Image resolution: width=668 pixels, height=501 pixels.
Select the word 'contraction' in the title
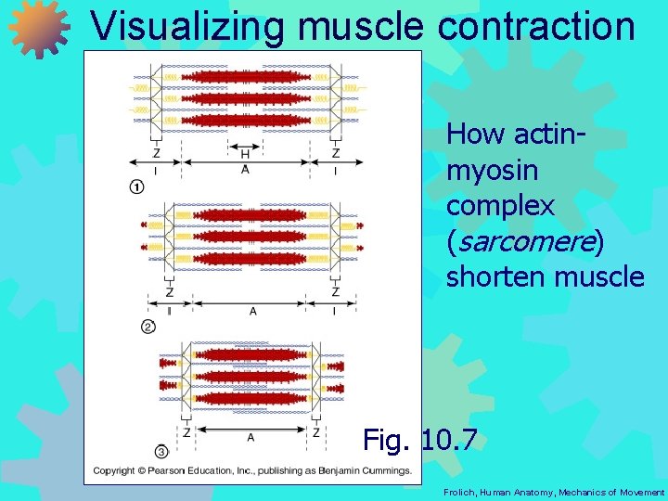point(537,26)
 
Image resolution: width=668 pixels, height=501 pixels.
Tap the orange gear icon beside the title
point(39,28)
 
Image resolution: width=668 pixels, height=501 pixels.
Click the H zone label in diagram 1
point(245,155)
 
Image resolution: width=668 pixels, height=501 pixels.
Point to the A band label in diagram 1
point(245,170)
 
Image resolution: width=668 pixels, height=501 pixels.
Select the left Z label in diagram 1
point(155,153)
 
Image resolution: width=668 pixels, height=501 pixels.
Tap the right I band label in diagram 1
point(335,171)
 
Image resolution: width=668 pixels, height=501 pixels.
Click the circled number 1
point(136,186)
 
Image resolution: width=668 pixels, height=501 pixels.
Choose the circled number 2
point(148,326)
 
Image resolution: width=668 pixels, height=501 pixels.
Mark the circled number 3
point(161,451)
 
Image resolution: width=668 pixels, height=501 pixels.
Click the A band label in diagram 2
point(252,312)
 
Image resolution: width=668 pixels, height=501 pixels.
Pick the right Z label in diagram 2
point(335,292)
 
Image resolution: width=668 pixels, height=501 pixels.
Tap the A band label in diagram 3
point(250,436)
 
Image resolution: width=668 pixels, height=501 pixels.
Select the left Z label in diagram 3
point(186,432)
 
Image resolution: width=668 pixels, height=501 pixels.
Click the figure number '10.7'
point(449,439)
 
